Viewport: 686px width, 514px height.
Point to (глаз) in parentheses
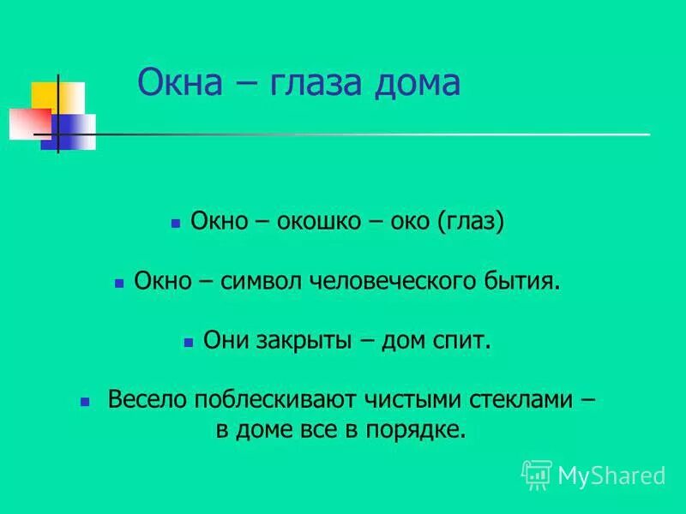coord(470,223)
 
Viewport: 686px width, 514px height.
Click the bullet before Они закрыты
coord(188,341)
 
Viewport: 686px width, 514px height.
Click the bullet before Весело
coord(84,400)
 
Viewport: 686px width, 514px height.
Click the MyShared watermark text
coord(611,475)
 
